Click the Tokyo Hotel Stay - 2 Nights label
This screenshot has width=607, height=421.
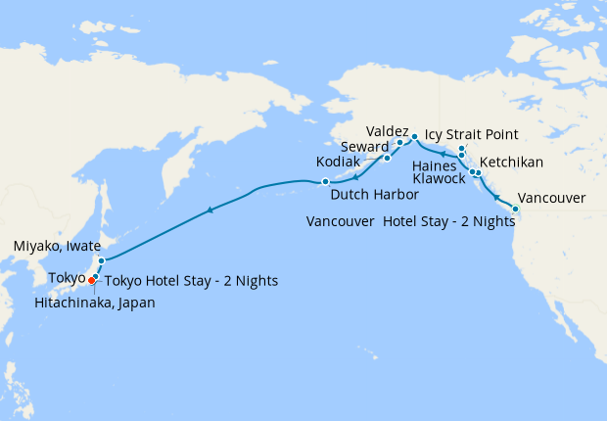point(191,281)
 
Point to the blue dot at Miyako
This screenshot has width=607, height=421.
point(101,260)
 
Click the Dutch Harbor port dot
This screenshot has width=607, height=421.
point(325,181)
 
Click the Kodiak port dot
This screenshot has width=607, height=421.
point(387,158)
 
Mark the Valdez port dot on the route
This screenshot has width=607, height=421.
point(415,136)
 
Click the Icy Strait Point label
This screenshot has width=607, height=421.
point(471,134)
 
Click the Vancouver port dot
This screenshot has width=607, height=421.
point(516,209)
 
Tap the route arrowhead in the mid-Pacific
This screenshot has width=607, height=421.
point(209,210)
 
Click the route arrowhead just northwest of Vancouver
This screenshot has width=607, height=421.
point(497,197)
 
